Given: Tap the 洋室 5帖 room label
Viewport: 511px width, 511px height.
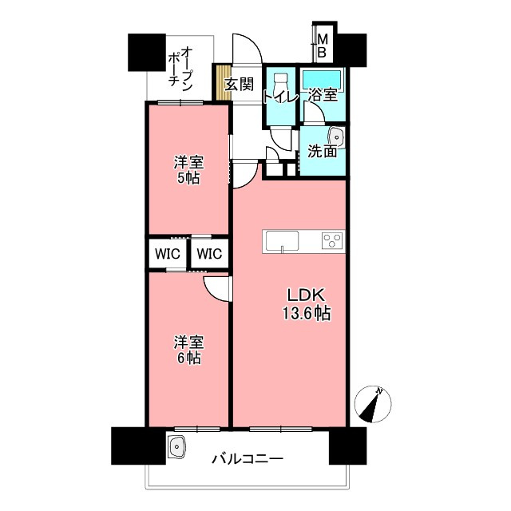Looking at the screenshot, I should click(189, 169).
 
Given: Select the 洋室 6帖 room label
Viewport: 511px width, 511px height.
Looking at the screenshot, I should click(189, 350).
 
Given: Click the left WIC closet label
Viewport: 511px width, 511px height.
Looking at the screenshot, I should click(167, 255).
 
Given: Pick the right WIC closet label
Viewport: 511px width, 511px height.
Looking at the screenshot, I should click(209, 255).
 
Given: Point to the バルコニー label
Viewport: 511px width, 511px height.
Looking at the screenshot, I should click(248, 459).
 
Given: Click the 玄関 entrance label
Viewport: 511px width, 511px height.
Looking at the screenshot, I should click(239, 82).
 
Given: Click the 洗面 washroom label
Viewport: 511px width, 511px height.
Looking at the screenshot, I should click(322, 151).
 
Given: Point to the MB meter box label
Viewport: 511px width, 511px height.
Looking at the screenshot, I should click(323, 46).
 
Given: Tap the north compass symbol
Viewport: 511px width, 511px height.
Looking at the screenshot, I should click(371, 403).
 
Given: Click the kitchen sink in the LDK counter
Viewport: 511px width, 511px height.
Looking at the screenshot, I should click(281, 240).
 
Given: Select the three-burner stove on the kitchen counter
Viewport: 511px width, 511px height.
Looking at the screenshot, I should click(332, 240).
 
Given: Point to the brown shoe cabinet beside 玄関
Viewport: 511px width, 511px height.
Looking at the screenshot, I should click(220, 82).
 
